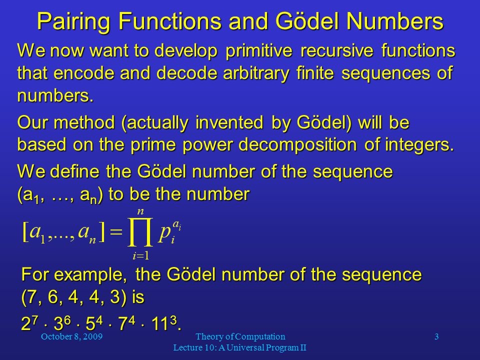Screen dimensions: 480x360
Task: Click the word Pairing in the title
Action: (73, 21)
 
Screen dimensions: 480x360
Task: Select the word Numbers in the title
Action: (395, 21)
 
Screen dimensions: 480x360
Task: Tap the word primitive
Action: (259, 51)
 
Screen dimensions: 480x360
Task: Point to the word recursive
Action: (336, 50)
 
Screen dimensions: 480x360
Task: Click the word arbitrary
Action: (256, 73)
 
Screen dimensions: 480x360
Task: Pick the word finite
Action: (315, 73)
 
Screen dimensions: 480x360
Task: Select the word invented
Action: (229, 122)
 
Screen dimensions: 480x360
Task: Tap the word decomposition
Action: (297, 145)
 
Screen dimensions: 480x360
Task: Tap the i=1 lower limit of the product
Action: (141, 255)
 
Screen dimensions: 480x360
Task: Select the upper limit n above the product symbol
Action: (140, 211)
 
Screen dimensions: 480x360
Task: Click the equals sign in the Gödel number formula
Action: (116, 231)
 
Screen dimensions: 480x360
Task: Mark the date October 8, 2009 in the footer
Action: (71, 336)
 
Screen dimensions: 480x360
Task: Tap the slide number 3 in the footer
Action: (436, 336)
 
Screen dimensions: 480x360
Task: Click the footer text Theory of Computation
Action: (240, 336)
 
